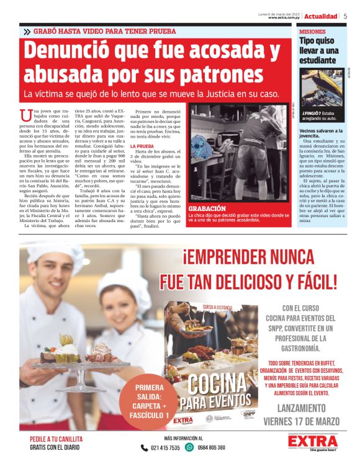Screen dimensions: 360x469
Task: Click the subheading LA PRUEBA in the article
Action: coord(142,146)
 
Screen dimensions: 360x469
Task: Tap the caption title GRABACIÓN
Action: coord(208,208)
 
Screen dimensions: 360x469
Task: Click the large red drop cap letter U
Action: coord(25,115)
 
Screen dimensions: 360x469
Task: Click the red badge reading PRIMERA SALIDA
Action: coord(149,401)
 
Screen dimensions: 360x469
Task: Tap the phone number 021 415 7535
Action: coord(165,447)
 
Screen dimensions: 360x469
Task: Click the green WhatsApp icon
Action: coord(189,447)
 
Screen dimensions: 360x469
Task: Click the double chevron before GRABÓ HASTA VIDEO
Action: coord(26,31)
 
